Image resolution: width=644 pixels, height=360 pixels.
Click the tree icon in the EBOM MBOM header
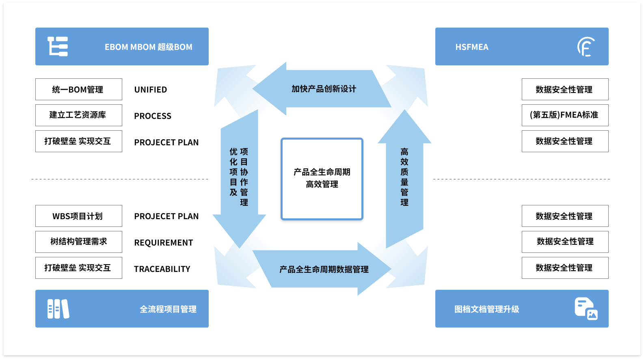[58, 46]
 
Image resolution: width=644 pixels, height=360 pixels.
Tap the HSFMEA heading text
[472, 47]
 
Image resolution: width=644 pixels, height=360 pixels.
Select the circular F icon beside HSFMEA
[586, 47]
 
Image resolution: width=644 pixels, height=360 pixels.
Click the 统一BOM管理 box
[78, 89]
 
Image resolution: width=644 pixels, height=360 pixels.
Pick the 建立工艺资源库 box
[78, 115]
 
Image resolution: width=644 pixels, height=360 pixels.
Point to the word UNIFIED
[151, 90]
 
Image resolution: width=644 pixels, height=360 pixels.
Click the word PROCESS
[153, 116]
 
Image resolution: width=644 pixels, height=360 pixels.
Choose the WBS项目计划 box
[78, 216]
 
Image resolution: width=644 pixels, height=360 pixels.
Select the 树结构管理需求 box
[78, 242]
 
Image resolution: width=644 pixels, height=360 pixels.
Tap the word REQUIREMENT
[164, 243]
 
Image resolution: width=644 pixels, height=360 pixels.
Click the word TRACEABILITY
[162, 269]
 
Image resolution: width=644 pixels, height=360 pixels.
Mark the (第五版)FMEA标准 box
[565, 115]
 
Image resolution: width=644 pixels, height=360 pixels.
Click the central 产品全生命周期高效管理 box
[322, 179]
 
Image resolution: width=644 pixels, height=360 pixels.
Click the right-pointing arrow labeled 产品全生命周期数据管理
[324, 269]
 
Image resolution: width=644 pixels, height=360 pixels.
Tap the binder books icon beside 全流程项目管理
[58, 309]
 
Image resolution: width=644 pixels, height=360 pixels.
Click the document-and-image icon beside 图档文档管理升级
[586, 309]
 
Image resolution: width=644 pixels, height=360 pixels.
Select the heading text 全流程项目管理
[168, 309]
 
